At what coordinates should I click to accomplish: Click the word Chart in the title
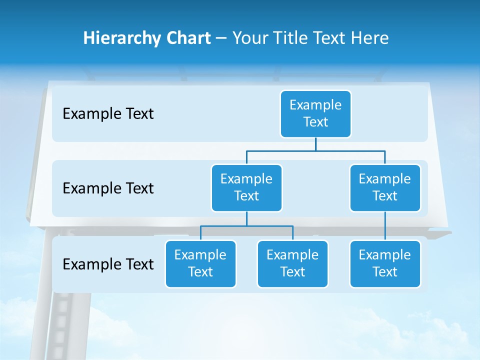(x=189, y=38)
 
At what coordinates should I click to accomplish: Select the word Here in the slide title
(x=370, y=38)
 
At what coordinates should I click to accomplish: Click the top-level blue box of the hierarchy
(x=315, y=113)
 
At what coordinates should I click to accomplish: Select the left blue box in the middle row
(x=246, y=187)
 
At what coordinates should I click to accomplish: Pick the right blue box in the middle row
(x=385, y=187)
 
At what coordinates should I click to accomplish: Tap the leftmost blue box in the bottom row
(x=200, y=263)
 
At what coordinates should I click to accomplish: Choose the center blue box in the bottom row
(x=292, y=263)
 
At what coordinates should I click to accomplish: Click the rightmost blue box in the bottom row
(x=385, y=263)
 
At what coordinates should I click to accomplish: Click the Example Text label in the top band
(x=108, y=114)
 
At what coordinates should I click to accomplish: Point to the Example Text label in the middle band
(x=108, y=188)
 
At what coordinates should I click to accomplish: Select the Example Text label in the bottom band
(x=108, y=264)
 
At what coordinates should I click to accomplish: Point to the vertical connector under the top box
(x=315, y=144)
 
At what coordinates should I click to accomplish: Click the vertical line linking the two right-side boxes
(x=385, y=226)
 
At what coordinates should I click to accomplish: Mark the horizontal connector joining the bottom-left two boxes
(x=246, y=226)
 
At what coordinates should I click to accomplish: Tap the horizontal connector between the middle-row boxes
(x=315, y=150)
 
